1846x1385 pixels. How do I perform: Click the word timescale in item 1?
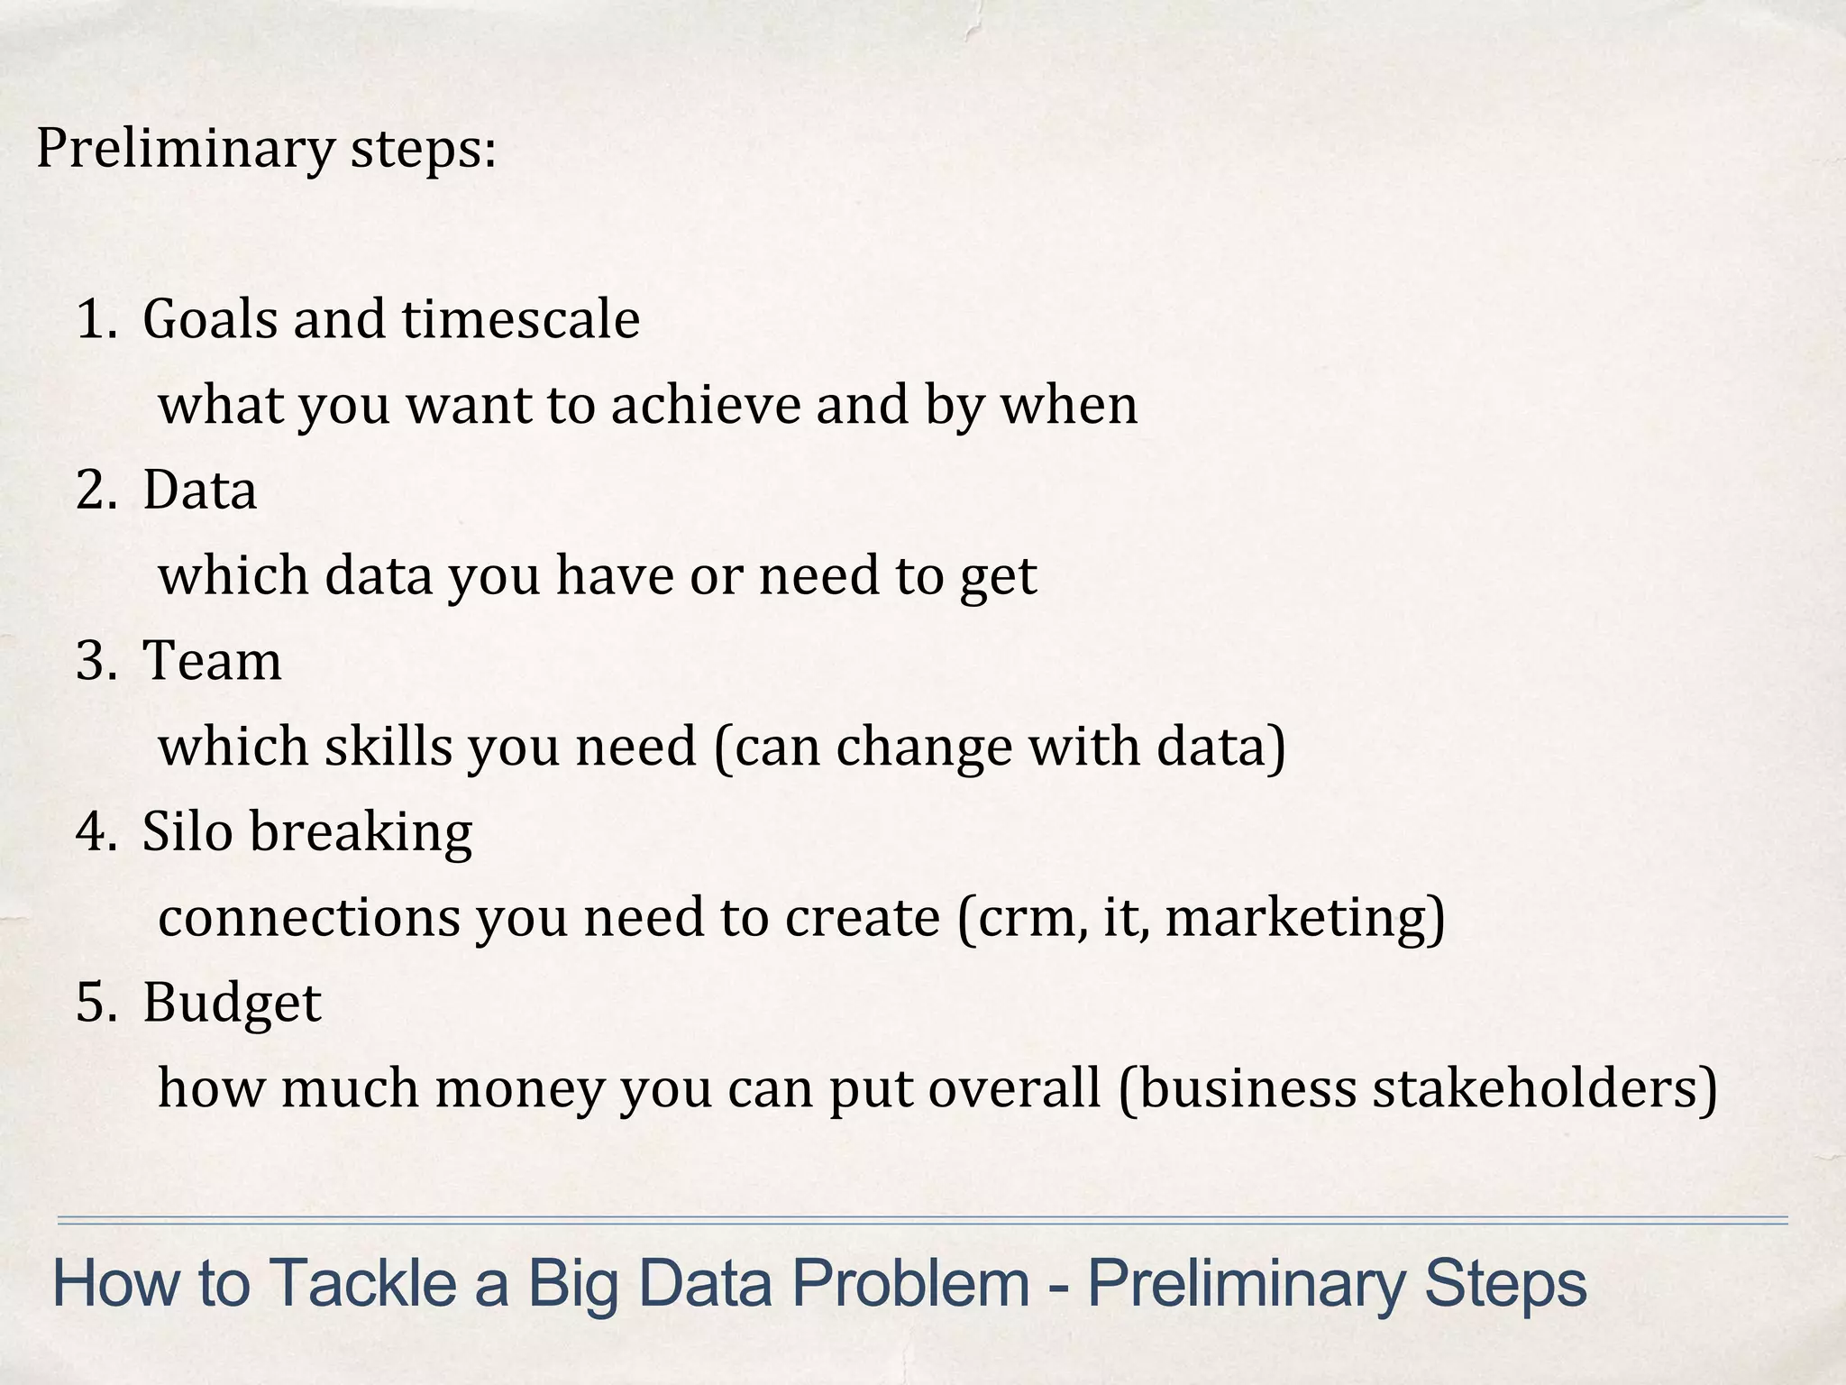coord(520,319)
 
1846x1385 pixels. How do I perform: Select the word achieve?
coord(705,405)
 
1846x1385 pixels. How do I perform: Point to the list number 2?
coord(95,491)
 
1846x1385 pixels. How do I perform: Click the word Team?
coord(212,660)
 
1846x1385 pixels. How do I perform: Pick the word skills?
coord(388,747)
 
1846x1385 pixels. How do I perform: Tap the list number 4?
coord(95,831)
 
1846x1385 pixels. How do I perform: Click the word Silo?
coord(187,831)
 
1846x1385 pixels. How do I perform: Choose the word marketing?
coord(1298,918)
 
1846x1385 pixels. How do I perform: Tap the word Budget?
coord(232,1003)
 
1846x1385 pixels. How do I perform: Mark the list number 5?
coord(95,1003)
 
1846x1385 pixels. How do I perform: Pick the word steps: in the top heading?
coord(423,149)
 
